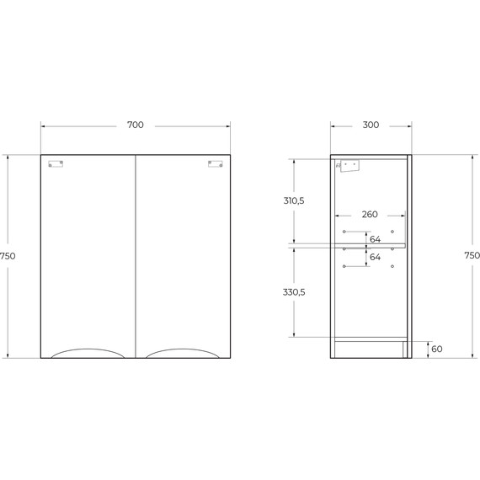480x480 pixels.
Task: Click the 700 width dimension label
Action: tap(135, 125)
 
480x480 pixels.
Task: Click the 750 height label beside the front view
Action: tap(8, 255)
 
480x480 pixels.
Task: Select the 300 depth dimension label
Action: tap(370, 125)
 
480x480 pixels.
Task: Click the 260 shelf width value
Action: tap(370, 215)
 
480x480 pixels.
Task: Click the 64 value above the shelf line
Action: tap(375, 238)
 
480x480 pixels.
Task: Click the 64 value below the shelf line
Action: tap(375, 256)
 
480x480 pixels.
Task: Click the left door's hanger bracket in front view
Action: tap(56, 165)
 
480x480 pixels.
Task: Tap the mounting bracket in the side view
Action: tap(348, 166)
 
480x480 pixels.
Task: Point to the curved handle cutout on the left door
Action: tap(88, 353)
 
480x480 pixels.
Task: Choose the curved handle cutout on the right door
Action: tap(183, 353)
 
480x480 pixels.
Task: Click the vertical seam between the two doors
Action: tap(136, 253)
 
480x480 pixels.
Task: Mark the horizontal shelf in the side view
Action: tap(370, 246)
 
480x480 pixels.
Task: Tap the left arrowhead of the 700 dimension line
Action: tap(43, 125)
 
